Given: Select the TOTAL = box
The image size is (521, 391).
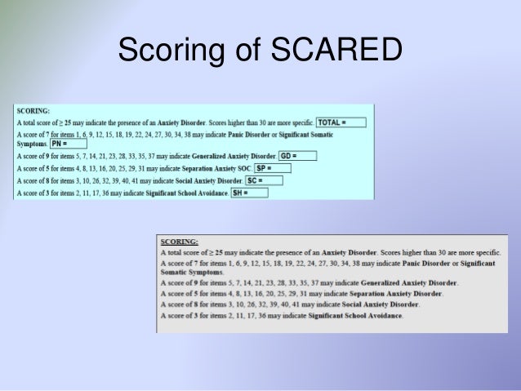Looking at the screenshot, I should (341, 122).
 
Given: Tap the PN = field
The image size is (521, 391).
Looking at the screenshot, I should (68, 144).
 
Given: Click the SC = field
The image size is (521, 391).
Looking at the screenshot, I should (264, 180).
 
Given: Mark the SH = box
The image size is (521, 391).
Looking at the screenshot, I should (249, 193).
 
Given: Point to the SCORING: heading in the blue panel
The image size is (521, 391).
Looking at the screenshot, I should (33, 110).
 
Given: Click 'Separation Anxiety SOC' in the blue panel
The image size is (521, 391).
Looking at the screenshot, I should (201, 168).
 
